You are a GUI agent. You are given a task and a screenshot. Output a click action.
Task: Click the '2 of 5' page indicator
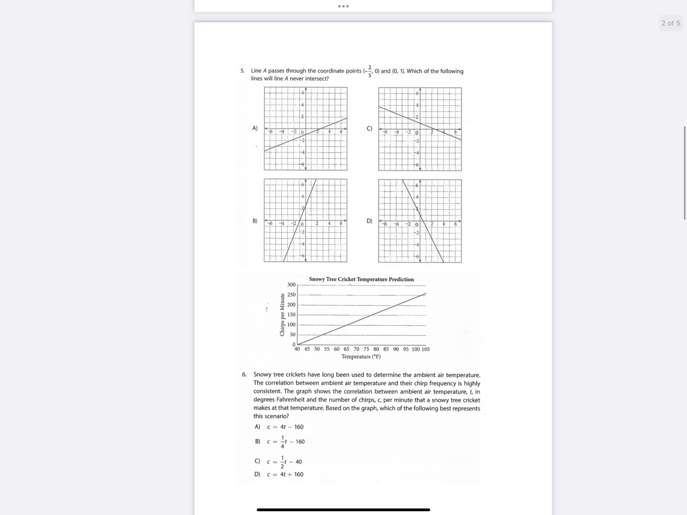[671, 23]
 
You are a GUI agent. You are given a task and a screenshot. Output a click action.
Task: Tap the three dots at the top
[343, 6]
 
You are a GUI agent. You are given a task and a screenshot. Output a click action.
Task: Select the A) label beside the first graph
[255, 128]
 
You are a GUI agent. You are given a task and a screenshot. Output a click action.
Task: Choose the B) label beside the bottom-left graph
[255, 221]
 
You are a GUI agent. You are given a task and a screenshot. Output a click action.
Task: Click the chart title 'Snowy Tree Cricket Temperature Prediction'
[361, 279]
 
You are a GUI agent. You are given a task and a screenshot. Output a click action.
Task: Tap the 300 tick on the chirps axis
[291, 284]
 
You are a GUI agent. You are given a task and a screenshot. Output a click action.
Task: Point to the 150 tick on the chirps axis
[291, 315]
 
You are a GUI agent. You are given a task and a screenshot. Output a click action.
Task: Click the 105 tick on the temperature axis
[425, 349]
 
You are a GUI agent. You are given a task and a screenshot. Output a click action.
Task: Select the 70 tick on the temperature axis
[356, 349]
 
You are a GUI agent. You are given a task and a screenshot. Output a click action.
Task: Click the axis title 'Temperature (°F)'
[361, 357]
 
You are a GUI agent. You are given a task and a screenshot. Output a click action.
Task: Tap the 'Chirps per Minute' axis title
[282, 315]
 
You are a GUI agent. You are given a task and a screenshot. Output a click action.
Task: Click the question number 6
[244, 375]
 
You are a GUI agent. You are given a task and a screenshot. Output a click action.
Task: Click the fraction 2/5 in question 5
[370, 71]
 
